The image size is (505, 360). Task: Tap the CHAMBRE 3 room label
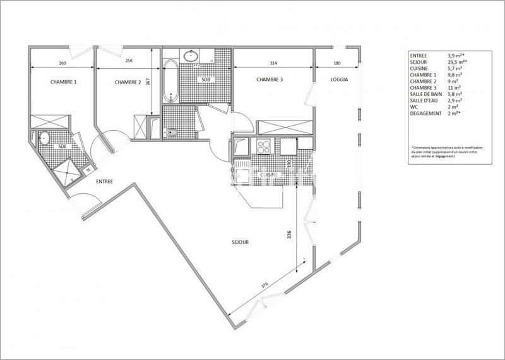tap(270, 80)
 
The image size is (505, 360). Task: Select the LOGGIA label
tap(339, 80)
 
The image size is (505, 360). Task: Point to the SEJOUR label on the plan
tap(240, 242)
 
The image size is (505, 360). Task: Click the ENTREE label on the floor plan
tap(104, 182)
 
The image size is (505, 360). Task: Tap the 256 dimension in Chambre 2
tap(129, 62)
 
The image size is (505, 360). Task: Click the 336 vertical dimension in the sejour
tap(290, 235)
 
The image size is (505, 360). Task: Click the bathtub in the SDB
tap(169, 80)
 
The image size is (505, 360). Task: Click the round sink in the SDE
tap(45, 137)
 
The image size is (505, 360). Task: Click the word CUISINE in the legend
tap(420, 68)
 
